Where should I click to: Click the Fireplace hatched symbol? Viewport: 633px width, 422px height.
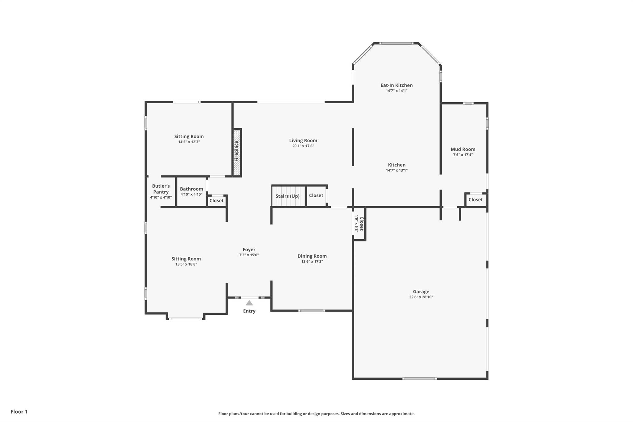coord(237,152)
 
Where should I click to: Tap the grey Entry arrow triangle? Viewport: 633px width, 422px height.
coord(249,303)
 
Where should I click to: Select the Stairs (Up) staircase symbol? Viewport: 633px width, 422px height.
coord(287,196)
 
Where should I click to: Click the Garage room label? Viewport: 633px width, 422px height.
coord(421,292)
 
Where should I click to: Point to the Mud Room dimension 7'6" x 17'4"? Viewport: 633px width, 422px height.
coord(463,155)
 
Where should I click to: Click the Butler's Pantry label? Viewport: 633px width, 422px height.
coord(161,189)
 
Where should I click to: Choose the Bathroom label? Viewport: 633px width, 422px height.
coord(191,189)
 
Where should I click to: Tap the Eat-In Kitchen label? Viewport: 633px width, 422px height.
coord(397,85)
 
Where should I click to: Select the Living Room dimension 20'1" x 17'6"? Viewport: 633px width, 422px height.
coord(303,146)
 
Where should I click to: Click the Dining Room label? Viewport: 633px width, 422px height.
coord(312,256)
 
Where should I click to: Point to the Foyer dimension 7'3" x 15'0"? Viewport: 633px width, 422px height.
coord(249,255)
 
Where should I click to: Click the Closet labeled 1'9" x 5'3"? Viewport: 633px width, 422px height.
coord(359,224)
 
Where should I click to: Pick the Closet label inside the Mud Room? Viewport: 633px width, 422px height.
coord(475,200)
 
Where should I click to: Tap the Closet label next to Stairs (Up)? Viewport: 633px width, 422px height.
coord(316,195)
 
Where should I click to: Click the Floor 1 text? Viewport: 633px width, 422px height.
coord(19,411)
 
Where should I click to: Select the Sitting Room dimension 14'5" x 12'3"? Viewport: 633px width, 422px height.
coord(189,142)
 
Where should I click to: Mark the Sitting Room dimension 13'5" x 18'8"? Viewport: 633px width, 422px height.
coord(186,264)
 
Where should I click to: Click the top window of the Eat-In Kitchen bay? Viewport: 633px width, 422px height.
coord(397,43)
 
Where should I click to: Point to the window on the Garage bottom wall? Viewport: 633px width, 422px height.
coord(419,378)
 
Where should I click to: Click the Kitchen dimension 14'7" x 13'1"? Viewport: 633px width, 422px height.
coord(397,170)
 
